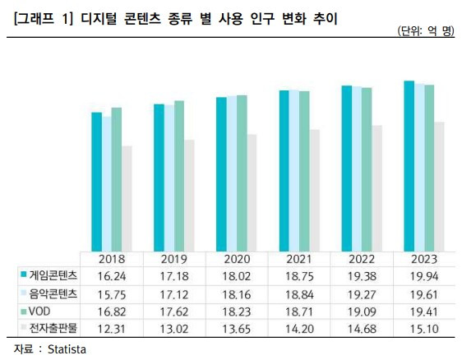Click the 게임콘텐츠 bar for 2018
(96, 181)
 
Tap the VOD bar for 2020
(241, 172)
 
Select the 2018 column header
(110, 258)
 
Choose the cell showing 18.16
(233, 293)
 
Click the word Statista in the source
(64, 349)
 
